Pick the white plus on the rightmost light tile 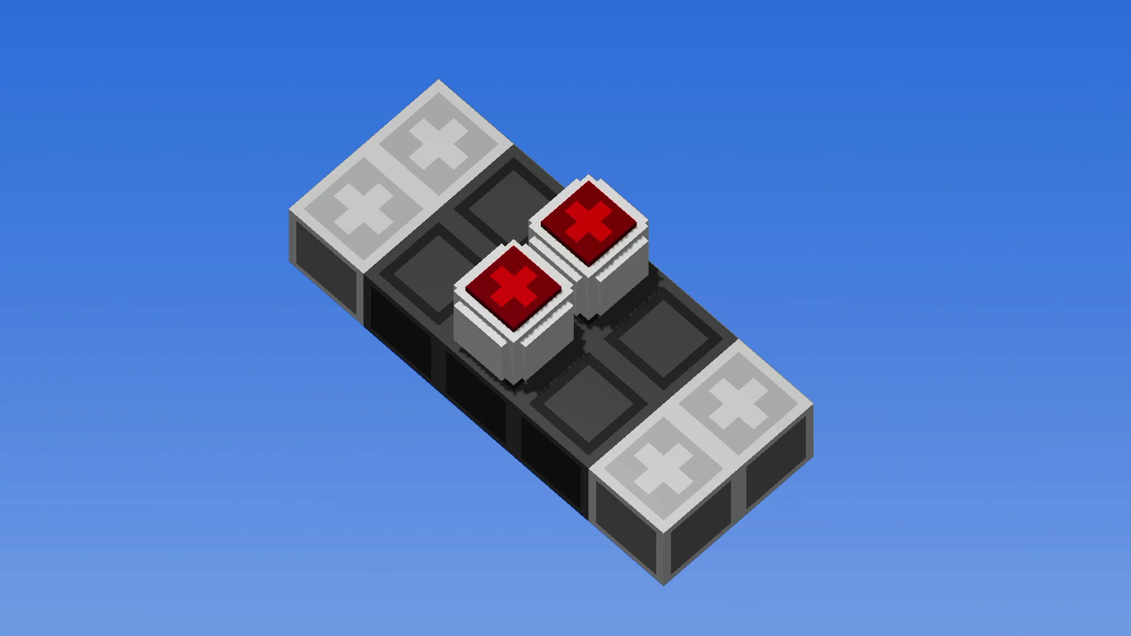738,403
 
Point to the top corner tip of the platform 438,81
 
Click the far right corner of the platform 812,406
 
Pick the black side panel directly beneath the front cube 474,395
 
